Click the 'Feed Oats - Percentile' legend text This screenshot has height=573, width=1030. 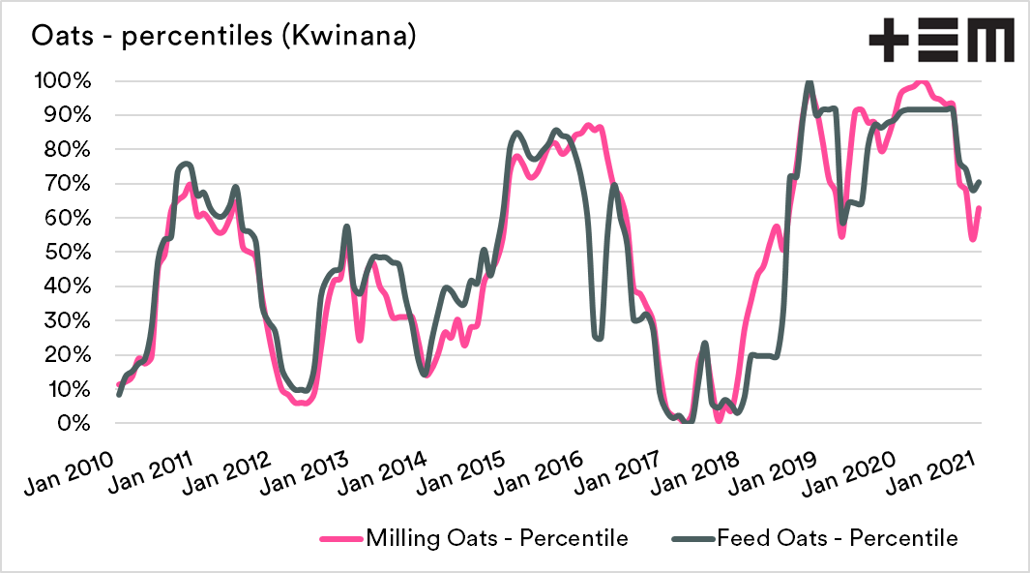tap(838, 538)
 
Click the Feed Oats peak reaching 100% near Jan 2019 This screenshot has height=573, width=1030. tap(809, 82)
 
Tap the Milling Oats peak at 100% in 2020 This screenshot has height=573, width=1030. tap(922, 82)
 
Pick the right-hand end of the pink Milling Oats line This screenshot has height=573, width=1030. tap(980, 208)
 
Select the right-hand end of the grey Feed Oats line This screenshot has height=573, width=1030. tap(980, 182)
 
